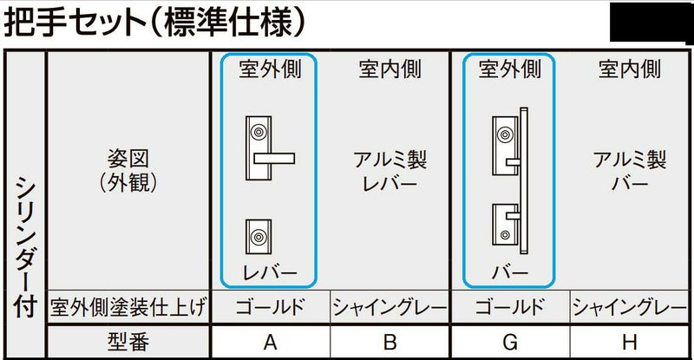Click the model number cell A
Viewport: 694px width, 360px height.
point(271,342)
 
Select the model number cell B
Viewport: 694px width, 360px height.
point(390,342)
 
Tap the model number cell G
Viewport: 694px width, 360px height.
point(510,342)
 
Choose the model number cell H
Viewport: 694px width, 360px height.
point(630,342)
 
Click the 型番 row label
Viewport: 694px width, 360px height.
point(128,342)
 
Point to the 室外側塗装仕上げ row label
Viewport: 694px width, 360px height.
point(128,307)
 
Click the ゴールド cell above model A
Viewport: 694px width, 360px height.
point(271,307)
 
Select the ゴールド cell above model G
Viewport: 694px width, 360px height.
point(510,307)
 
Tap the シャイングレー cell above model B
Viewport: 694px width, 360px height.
point(390,307)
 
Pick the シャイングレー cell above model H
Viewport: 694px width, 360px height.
point(630,307)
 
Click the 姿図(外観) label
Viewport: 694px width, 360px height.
point(128,171)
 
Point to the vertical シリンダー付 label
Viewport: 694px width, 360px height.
point(25,246)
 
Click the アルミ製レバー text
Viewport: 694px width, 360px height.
point(390,172)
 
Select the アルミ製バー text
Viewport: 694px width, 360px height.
point(630,172)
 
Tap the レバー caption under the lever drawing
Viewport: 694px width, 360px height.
point(270,272)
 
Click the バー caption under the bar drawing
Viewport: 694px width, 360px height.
point(510,272)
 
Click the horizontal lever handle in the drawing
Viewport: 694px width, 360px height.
point(274,158)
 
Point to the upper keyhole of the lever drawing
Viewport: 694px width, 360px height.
point(259,132)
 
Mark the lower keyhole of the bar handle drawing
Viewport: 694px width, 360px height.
point(505,235)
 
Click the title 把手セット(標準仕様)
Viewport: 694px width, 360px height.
point(154,22)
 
